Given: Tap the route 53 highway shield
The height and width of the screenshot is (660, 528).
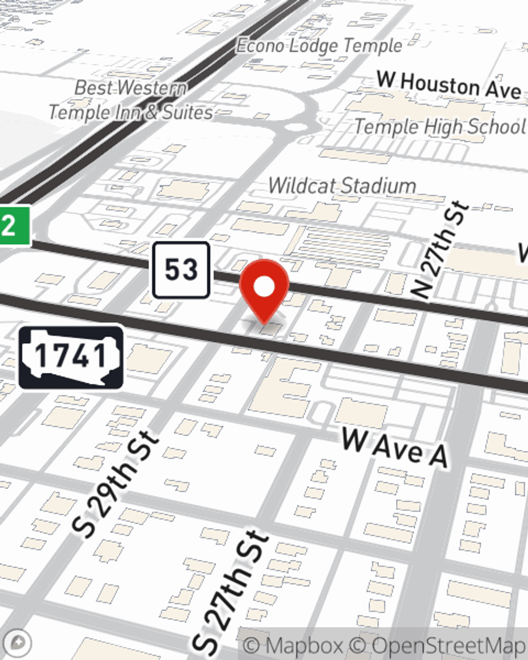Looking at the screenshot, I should click(x=181, y=270).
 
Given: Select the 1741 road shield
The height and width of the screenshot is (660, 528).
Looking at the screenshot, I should click(x=71, y=357).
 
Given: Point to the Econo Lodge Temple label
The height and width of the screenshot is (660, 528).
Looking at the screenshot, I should click(x=319, y=46).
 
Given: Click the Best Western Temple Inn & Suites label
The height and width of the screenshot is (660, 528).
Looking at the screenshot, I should click(x=131, y=100).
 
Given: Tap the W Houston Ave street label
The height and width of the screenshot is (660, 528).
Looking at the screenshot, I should click(x=449, y=86).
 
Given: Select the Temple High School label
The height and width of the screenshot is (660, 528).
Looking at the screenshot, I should click(x=439, y=127).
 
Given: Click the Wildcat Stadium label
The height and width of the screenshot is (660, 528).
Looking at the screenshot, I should click(x=342, y=186).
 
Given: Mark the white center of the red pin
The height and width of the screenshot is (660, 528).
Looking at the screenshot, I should click(x=264, y=287).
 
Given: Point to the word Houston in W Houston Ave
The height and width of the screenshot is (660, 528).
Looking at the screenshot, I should click(x=440, y=84).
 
